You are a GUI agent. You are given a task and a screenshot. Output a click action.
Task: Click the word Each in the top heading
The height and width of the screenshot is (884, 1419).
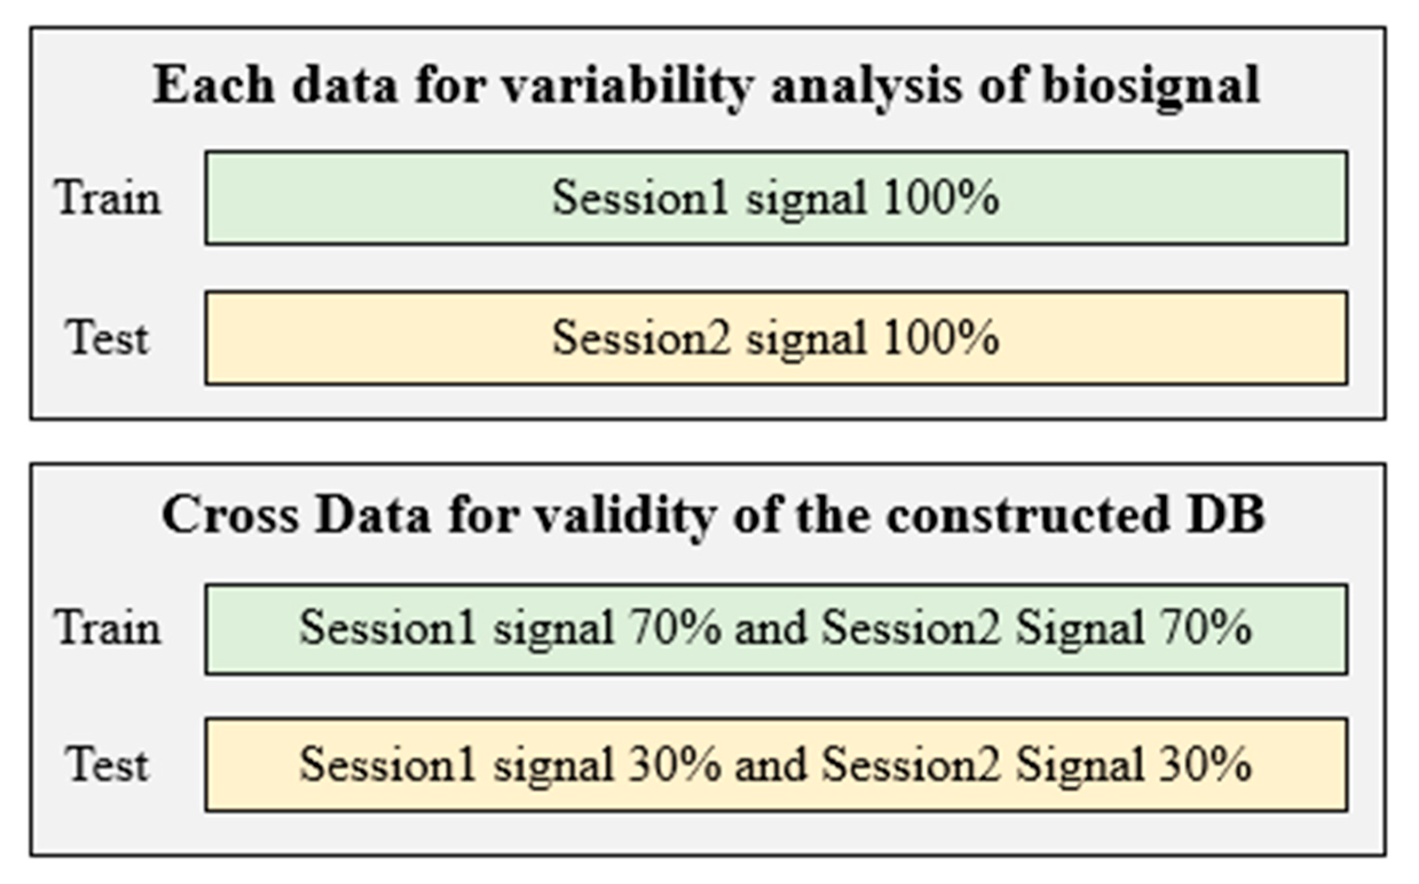click(214, 85)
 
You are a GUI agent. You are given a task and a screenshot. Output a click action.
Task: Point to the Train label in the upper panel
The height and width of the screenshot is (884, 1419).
click(107, 197)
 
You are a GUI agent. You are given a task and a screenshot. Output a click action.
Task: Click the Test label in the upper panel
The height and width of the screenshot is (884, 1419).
click(107, 338)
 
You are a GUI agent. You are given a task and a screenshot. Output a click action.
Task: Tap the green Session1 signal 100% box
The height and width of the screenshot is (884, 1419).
click(776, 197)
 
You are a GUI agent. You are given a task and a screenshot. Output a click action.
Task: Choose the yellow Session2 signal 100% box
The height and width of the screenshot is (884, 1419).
click(776, 338)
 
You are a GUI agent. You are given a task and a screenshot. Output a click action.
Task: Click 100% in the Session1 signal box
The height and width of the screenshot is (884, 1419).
click(941, 197)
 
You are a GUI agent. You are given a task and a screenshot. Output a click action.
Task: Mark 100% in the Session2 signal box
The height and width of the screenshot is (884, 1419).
click(941, 338)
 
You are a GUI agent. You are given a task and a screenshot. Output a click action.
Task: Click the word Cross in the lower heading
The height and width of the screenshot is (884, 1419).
click(230, 515)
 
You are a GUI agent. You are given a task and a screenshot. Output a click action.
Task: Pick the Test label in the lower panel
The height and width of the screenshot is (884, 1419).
click(107, 765)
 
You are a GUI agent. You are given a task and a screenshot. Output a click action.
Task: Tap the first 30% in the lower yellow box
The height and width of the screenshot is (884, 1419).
click(674, 765)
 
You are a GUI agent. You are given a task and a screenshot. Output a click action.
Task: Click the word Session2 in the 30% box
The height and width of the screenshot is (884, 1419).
click(911, 765)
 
